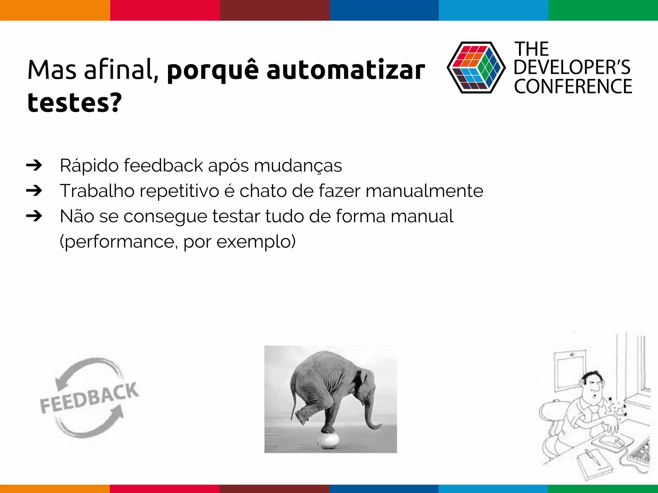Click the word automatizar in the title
[x=346, y=70]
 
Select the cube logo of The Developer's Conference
[x=476, y=67]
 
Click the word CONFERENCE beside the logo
[x=573, y=87]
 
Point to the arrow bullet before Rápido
[x=34, y=166]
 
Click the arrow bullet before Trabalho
[x=34, y=191]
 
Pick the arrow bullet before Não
[x=34, y=216]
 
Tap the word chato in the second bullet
[x=263, y=191]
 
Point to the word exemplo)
[x=256, y=242]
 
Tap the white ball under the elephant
[x=328, y=440]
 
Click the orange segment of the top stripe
[x=55, y=10]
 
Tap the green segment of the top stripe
[x=603, y=10]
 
